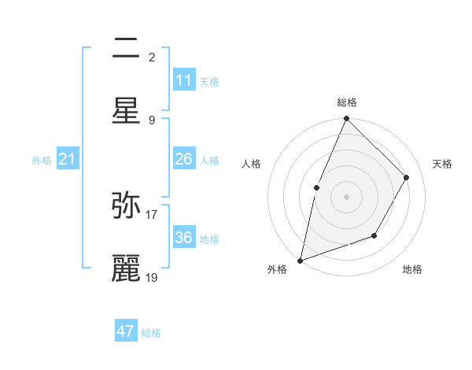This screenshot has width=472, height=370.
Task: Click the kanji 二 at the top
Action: (x=126, y=50)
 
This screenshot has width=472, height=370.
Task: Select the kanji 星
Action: (x=126, y=110)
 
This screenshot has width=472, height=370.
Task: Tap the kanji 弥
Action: (x=126, y=205)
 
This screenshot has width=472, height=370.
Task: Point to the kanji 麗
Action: (x=126, y=268)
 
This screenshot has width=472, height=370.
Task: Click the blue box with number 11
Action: (x=184, y=80)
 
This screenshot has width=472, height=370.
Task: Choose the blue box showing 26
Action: (x=184, y=159)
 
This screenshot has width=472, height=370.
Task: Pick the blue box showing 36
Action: (x=184, y=238)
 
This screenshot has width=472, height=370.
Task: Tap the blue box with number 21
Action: (x=67, y=160)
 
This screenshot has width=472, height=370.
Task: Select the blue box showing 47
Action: (x=126, y=331)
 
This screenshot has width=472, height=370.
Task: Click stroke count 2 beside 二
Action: (x=152, y=57)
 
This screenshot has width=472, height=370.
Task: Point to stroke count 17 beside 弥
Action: (x=152, y=213)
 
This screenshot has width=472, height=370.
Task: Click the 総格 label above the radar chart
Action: (x=347, y=102)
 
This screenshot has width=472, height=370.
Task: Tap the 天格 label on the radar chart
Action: (x=442, y=164)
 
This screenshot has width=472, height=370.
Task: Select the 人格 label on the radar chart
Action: (x=252, y=164)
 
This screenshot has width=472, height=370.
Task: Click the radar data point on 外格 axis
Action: (x=300, y=260)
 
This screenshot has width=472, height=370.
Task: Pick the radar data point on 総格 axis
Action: (x=346, y=119)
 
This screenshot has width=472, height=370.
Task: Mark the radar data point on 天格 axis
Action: (x=406, y=178)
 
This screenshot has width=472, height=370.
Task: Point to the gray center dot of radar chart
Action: (x=346, y=196)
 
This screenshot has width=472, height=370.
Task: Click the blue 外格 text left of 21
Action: (x=42, y=161)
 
